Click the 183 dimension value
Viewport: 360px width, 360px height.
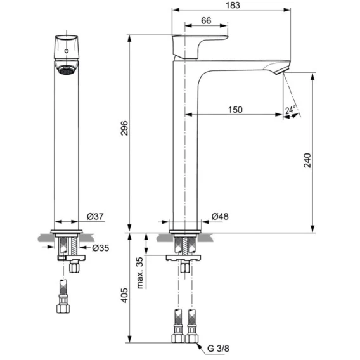click(233, 5)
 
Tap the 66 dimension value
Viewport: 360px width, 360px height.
click(206, 21)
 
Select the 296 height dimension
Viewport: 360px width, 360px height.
click(124, 128)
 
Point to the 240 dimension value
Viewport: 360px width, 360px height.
click(307, 160)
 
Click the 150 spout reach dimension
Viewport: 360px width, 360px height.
click(235, 110)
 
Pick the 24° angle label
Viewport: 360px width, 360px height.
click(290, 110)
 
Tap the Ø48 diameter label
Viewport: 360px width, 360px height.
click(220, 216)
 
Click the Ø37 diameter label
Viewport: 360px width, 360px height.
click(95, 216)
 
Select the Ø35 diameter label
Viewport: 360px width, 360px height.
click(101, 248)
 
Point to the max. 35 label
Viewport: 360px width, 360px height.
click(139, 273)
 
